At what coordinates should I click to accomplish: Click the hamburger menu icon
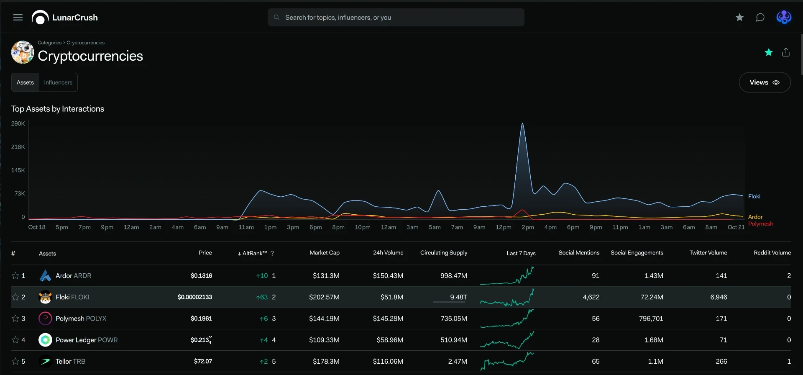pyautogui.click(x=18, y=18)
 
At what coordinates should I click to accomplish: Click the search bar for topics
pyautogui.click(x=396, y=18)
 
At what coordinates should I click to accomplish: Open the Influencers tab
pyautogui.click(x=58, y=82)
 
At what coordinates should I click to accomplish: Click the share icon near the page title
pyautogui.click(x=786, y=52)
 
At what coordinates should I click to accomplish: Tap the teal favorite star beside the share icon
pyautogui.click(x=769, y=52)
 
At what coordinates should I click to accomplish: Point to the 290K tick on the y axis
pyautogui.click(x=18, y=123)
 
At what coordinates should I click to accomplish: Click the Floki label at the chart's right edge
pyautogui.click(x=754, y=196)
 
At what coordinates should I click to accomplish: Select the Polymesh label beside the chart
pyautogui.click(x=760, y=224)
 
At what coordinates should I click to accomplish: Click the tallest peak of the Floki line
pyautogui.click(x=522, y=123)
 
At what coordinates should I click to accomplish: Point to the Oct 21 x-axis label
pyautogui.click(x=736, y=227)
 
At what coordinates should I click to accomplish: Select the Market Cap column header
pyautogui.click(x=325, y=253)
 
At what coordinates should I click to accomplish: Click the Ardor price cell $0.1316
pyautogui.click(x=201, y=276)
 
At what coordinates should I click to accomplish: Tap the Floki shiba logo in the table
pyautogui.click(x=45, y=297)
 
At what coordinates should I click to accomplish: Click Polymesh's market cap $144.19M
pyautogui.click(x=324, y=318)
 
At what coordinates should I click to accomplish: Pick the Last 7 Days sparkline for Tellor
pyautogui.click(x=507, y=361)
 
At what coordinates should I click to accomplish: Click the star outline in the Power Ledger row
pyautogui.click(x=15, y=340)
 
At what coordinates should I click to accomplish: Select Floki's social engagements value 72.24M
pyautogui.click(x=652, y=297)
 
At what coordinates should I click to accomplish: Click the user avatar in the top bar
pyautogui.click(x=784, y=18)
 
